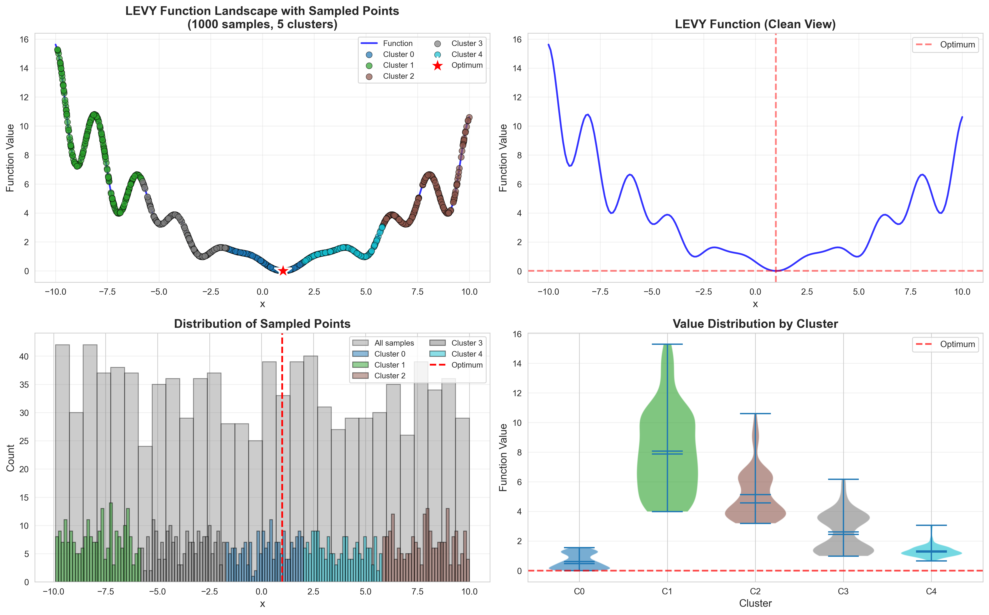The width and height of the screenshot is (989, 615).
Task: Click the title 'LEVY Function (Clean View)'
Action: (755, 24)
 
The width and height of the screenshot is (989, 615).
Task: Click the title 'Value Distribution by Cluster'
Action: (755, 324)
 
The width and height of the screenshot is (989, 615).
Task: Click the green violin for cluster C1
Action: (667, 468)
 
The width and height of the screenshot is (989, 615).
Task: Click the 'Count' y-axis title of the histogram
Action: (11, 458)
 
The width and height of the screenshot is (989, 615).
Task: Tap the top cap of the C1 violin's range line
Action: (667, 344)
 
